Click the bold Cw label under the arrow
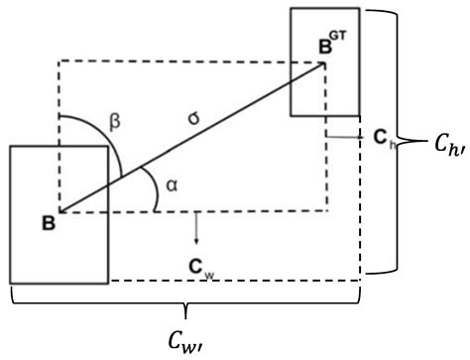click(198, 266)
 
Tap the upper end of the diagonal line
click(323, 64)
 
